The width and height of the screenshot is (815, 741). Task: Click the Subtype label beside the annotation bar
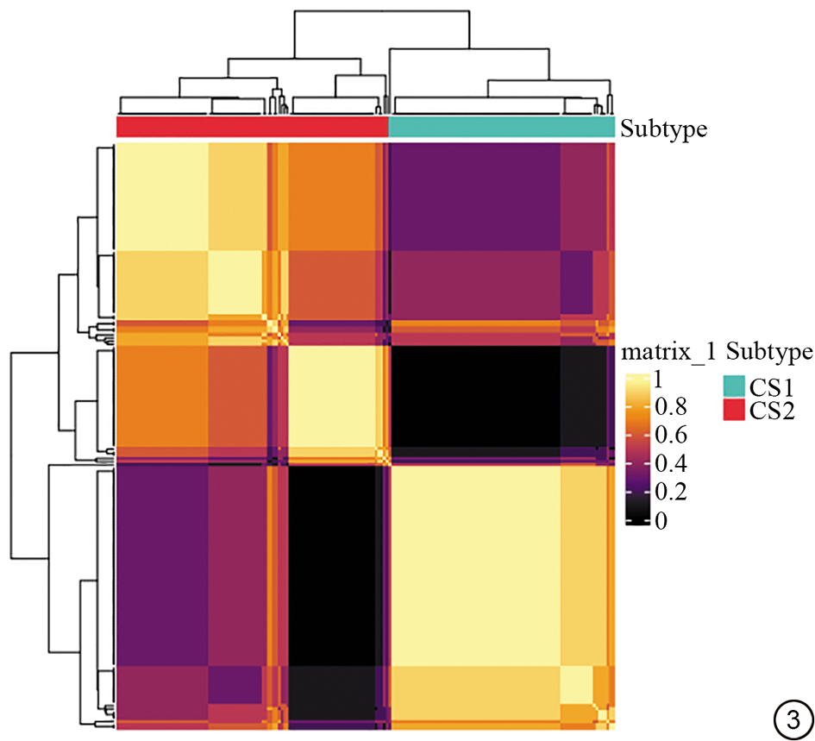(x=664, y=129)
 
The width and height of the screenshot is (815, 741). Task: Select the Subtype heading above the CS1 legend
(x=770, y=351)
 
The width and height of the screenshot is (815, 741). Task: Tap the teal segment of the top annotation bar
(x=502, y=127)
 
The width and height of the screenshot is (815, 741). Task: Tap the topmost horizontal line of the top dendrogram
(x=384, y=10)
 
